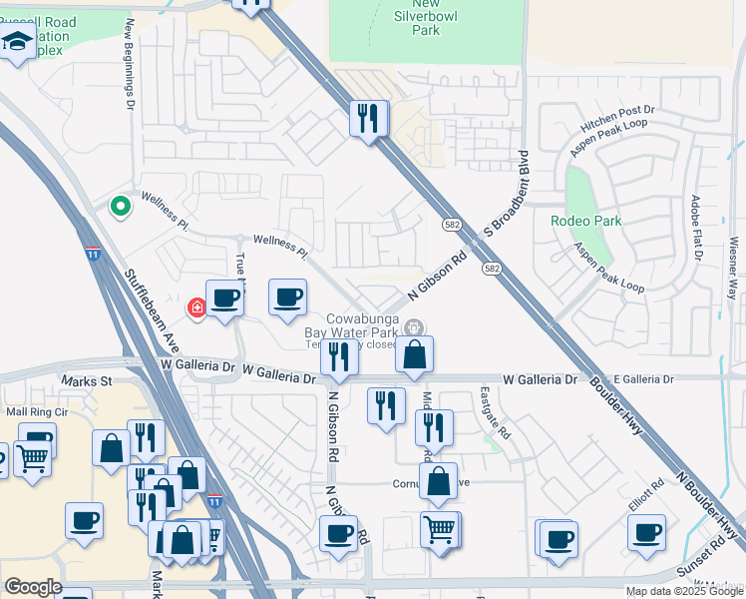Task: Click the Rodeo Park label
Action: (586, 221)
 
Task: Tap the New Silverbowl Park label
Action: (426, 18)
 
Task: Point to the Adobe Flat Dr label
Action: (695, 228)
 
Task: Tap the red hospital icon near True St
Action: (197, 306)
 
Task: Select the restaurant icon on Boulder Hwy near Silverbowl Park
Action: (369, 118)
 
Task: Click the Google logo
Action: (33, 587)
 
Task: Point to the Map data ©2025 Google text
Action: (684, 591)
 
